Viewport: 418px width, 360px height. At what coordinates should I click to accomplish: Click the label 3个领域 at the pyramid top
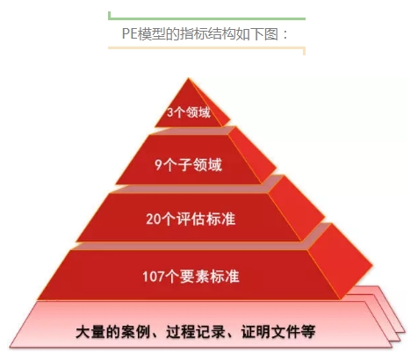pos(189,112)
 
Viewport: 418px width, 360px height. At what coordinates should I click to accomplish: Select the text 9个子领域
pos(189,164)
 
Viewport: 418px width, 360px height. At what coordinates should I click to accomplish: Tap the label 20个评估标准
pos(191,219)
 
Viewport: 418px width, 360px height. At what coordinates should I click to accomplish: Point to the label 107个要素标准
pos(191,277)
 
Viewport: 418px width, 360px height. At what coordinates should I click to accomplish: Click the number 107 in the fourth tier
pos(154,277)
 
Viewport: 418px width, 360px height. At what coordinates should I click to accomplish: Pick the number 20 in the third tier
pos(154,220)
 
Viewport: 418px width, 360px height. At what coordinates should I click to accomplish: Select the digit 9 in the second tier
pos(158,165)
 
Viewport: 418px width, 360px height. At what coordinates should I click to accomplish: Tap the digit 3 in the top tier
pos(170,112)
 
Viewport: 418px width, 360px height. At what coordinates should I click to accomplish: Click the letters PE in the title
pos(129,34)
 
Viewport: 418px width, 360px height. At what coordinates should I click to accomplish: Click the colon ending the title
pos(285,34)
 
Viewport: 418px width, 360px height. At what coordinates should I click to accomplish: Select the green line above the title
pos(206,18)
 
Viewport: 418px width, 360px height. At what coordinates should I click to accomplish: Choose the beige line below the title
pos(206,47)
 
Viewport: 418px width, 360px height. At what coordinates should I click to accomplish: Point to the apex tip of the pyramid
pos(189,78)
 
